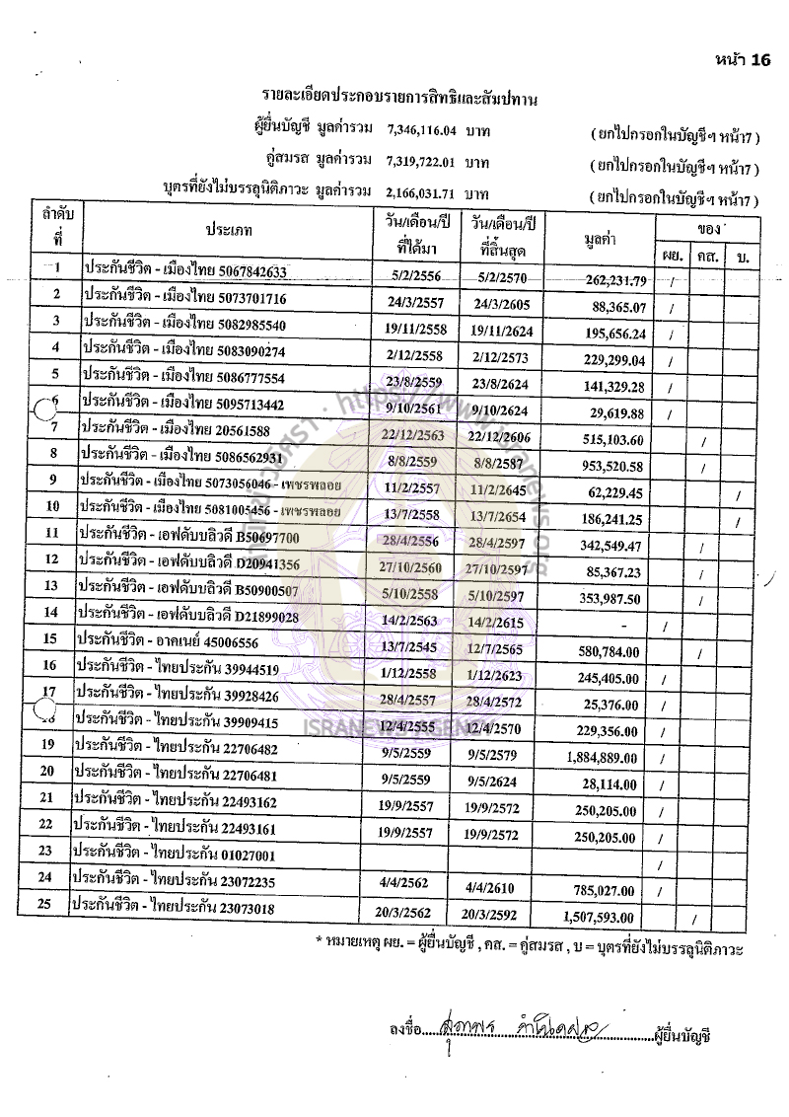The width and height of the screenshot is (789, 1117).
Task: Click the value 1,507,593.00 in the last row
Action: coord(605,916)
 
